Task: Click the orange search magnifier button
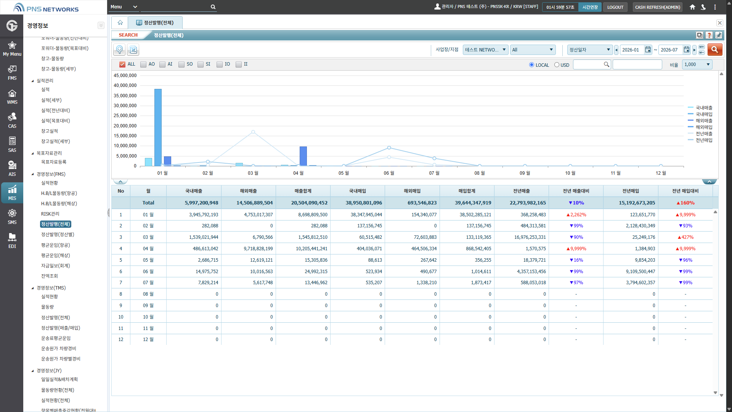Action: pyautogui.click(x=715, y=50)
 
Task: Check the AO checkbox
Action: pyautogui.click(x=143, y=64)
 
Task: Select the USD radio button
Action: pyautogui.click(x=557, y=65)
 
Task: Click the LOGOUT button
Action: pyautogui.click(x=615, y=7)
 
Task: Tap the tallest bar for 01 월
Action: pyautogui.click(x=158, y=127)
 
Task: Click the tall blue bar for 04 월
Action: pyautogui.click(x=303, y=156)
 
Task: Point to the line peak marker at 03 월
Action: pyautogui.click(x=253, y=132)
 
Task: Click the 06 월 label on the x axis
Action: pyautogui.click(x=389, y=173)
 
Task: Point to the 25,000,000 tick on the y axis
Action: pyautogui.click(x=125, y=116)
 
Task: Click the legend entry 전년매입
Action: pyautogui.click(x=704, y=140)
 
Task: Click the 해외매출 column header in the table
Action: pyautogui.click(x=248, y=191)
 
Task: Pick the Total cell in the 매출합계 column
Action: pyautogui.click(x=309, y=203)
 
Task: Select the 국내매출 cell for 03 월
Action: pyautogui.click(x=204, y=237)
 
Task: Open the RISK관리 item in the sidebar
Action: pyautogui.click(x=50, y=214)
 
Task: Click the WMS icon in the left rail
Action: pyautogui.click(x=12, y=97)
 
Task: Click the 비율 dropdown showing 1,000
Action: pyautogui.click(x=697, y=64)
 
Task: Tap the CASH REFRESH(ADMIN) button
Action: pyautogui.click(x=658, y=7)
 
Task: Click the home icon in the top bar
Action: pyautogui.click(x=692, y=7)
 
